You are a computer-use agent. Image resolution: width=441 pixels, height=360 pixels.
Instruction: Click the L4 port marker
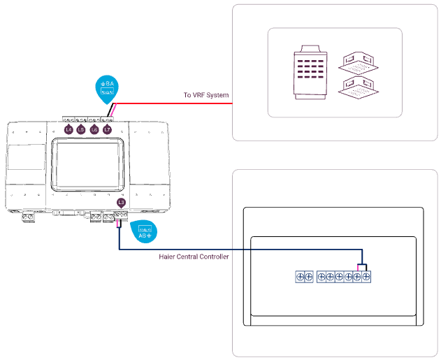pyautogui.click(x=68, y=129)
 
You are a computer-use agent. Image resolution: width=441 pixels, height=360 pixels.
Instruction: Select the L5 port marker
pyautogui.click(x=81, y=129)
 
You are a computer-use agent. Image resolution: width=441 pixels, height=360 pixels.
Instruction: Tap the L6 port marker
pyautogui.click(x=94, y=129)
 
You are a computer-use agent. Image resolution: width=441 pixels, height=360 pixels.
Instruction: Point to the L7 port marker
pyautogui.click(x=107, y=129)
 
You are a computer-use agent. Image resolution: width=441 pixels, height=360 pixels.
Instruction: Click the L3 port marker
pyautogui.click(x=122, y=203)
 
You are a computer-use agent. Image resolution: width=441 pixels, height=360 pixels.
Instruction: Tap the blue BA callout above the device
pyautogui.click(x=107, y=87)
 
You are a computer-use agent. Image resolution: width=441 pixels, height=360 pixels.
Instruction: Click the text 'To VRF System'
pyautogui.click(x=206, y=95)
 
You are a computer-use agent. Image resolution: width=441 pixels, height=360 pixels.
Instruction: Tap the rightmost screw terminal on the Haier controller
pyautogui.click(x=366, y=277)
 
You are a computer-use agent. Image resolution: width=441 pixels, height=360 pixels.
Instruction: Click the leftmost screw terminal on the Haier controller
pyautogui.click(x=300, y=277)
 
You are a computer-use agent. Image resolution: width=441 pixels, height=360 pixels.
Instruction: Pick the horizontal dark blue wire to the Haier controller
pyautogui.click(x=238, y=250)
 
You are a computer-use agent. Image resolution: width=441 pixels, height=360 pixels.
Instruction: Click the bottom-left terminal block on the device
pyautogui.click(x=29, y=217)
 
